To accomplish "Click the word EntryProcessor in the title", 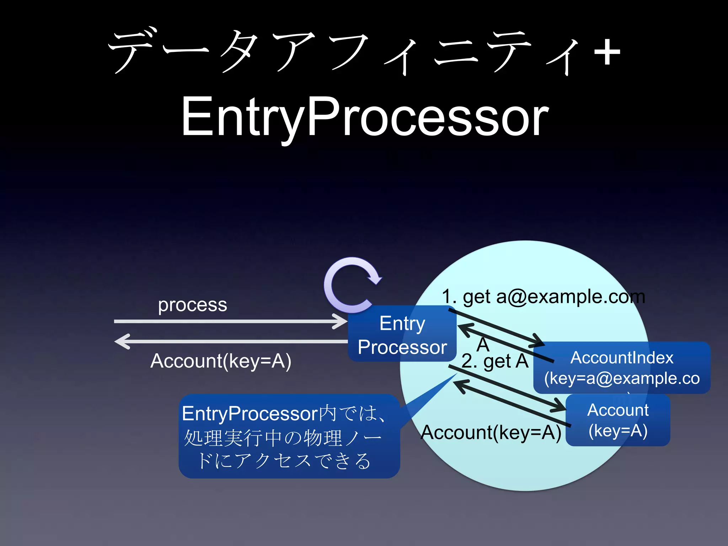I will (x=365, y=117).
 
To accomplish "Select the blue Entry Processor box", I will (x=402, y=334).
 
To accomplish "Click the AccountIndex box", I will (x=621, y=368).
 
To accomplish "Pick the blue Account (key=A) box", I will (x=618, y=420).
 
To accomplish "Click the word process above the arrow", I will (x=192, y=305).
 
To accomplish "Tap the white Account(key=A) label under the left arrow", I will (x=221, y=361).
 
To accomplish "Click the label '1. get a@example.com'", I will (x=543, y=296).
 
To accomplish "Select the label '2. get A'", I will (x=495, y=362).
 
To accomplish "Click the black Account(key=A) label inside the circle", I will (x=491, y=433).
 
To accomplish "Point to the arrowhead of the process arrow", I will (x=341, y=321).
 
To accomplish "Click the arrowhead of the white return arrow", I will (x=122, y=341).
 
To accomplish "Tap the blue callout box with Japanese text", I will (x=289, y=437).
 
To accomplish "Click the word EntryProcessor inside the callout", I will (x=250, y=414).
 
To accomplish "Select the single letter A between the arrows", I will (x=483, y=344).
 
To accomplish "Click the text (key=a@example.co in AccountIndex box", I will (x=622, y=378).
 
